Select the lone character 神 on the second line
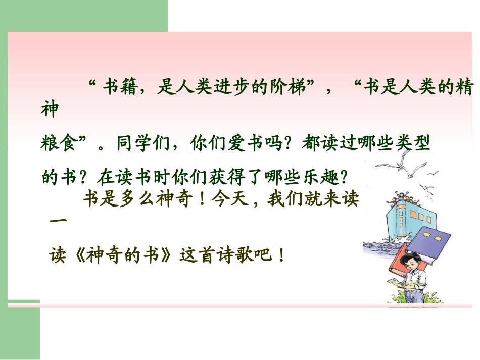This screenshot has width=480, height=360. (50, 112)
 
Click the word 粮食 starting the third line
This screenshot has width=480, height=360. (57, 144)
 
